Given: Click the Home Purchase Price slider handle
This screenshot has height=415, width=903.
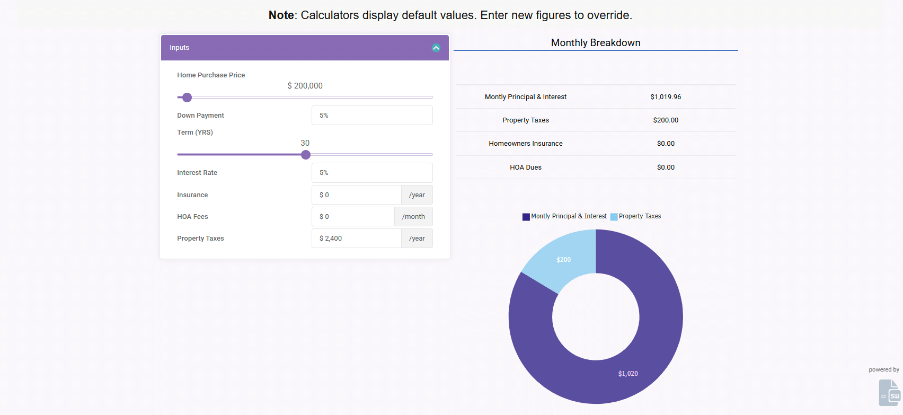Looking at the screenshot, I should (x=187, y=98).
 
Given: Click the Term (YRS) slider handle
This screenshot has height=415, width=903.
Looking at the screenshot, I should (x=306, y=155).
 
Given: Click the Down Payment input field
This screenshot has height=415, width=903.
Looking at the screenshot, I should (x=372, y=116).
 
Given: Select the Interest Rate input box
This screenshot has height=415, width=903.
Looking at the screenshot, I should (x=372, y=173).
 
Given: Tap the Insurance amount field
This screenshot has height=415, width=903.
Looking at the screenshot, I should (x=357, y=195).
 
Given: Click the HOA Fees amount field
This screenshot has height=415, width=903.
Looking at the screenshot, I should (x=353, y=217).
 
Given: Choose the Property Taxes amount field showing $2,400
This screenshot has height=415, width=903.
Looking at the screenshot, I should (x=357, y=239).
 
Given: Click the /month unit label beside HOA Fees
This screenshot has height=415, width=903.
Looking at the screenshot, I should (x=413, y=217).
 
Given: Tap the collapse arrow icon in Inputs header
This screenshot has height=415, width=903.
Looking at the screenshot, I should (x=436, y=48).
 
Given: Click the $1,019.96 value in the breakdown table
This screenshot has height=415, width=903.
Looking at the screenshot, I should (x=666, y=97).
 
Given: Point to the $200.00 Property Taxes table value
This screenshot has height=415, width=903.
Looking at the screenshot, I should (x=666, y=120).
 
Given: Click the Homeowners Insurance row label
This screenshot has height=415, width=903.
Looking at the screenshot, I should (x=526, y=144).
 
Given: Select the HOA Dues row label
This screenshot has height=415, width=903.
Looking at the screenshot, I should (x=526, y=167).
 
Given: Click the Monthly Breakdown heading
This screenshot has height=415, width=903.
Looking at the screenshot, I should (x=596, y=43).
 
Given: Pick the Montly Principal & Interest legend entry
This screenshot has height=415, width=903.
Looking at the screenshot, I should (x=565, y=216).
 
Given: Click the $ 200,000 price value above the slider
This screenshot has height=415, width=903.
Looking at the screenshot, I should (x=305, y=86).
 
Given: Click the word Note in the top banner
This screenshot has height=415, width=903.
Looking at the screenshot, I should (x=281, y=15).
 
